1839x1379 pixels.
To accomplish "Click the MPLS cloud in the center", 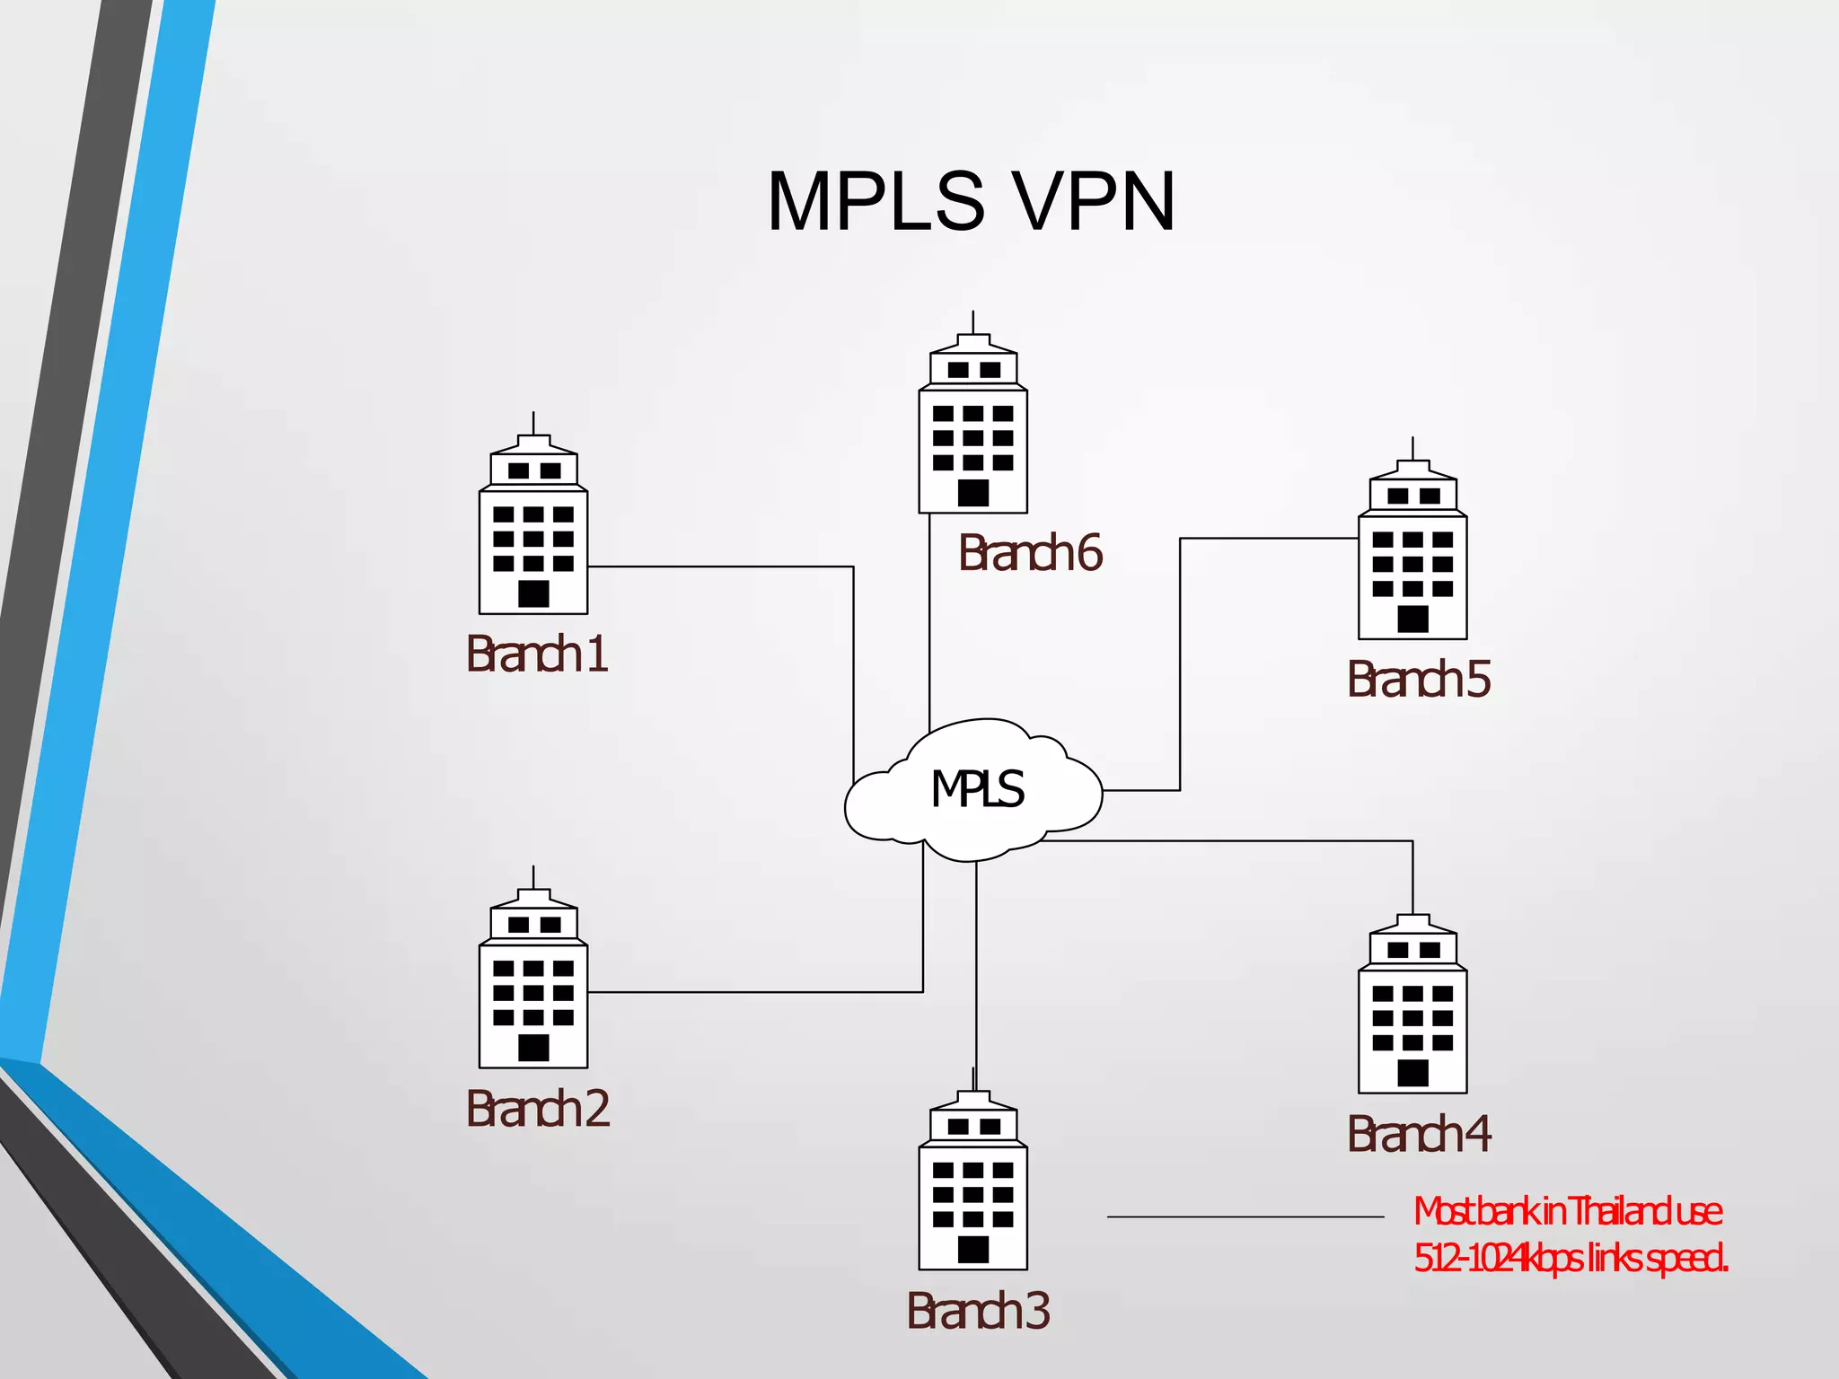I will tap(974, 791).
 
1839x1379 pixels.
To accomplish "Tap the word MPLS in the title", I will tap(876, 202).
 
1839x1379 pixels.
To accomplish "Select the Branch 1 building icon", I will tap(533, 530).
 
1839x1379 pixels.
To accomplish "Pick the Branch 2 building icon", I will tap(533, 983).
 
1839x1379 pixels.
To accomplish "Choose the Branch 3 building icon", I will tap(972, 1185).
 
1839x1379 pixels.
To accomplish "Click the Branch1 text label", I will tap(537, 654).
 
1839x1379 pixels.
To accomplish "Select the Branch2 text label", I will tap(537, 1109).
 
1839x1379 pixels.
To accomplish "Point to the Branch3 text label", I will tap(978, 1311).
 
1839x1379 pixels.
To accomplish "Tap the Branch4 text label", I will tap(1419, 1134).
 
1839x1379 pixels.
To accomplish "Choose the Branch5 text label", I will tap(1419, 680).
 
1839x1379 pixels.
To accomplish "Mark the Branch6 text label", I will tap(1030, 554).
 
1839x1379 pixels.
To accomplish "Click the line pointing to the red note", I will tap(1245, 1217).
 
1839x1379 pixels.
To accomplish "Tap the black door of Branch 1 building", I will tap(533, 593).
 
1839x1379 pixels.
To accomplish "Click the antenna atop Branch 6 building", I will tap(973, 322).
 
